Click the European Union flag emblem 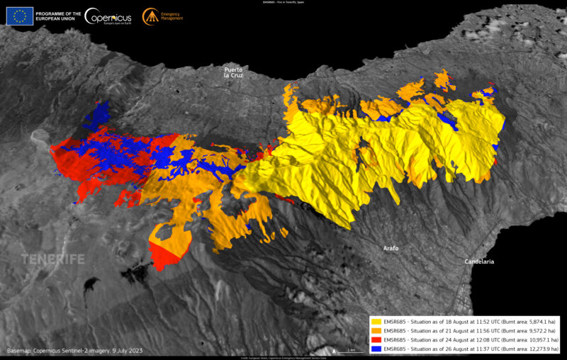[20, 16]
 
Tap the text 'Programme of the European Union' [57, 16]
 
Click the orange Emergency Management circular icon [150, 16]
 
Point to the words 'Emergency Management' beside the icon [172, 16]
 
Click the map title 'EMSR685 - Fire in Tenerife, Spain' [283, 3]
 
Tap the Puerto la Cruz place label [233, 72]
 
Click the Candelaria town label [479, 261]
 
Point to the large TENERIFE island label [52, 259]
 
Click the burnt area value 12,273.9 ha [541, 348]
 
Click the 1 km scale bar [347, 350]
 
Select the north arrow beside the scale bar [333, 350]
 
